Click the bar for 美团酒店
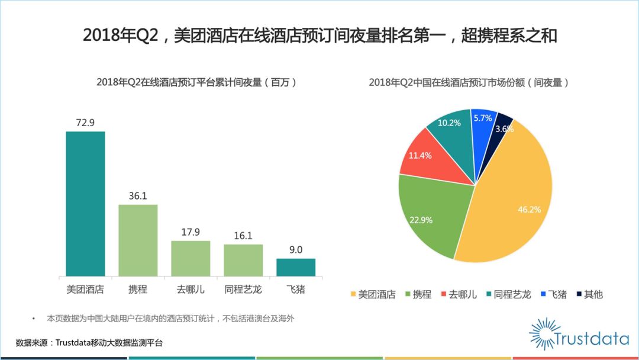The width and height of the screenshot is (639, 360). [85, 203]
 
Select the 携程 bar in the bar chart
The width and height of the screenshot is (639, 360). [138, 240]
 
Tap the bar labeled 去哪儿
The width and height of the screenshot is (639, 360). [191, 258]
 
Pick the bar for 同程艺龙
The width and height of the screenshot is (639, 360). [243, 260]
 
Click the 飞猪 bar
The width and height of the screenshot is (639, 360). [296, 267]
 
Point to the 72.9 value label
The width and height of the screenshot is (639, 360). [85, 123]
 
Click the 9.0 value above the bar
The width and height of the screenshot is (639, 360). [296, 250]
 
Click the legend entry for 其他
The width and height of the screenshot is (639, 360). [589, 294]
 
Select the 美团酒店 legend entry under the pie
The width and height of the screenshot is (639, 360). [372, 294]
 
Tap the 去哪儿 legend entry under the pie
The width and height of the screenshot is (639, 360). [458, 294]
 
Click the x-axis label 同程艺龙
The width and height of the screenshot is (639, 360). [243, 290]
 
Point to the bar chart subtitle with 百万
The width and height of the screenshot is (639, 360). [196, 83]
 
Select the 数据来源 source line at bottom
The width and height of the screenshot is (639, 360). [89, 343]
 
